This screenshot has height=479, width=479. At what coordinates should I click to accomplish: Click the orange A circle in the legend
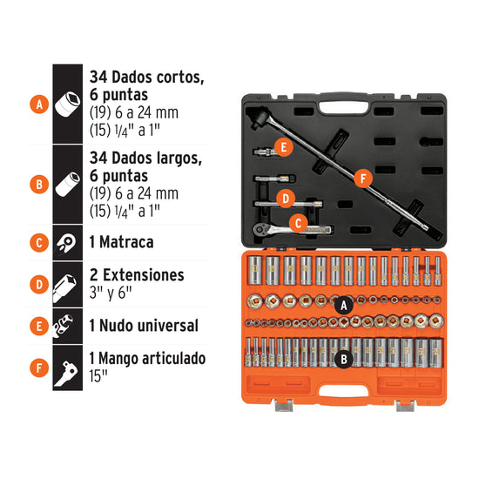coord(39,105)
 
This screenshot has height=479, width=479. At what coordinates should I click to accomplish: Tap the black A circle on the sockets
coord(344,305)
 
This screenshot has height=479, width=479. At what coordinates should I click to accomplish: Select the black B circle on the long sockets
coord(344,359)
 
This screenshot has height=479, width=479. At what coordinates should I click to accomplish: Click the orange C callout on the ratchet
coord(298,223)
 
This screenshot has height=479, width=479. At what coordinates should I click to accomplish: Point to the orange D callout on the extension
coord(286,199)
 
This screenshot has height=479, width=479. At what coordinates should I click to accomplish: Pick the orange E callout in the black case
coord(284,147)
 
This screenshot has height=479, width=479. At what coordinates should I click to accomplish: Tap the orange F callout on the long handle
coord(363,178)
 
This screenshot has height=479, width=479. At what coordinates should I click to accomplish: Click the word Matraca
coord(126,242)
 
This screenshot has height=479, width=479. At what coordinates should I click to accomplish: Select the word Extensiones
coord(144,275)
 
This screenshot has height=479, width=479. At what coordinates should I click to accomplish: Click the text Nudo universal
coord(149,326)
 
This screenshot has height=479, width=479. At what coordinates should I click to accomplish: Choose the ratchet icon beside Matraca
coord(66,243)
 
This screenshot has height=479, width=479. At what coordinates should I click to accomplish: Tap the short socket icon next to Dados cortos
coord(68,104)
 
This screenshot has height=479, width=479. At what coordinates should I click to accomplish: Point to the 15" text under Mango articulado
coord(98,376)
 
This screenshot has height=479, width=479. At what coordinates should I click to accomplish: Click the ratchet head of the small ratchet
coord(260,229)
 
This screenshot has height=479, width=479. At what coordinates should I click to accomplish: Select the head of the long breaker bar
coord(259,118)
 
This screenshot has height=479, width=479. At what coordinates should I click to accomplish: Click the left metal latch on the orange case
coord(284,406)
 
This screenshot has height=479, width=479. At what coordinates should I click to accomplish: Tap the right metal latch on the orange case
coord(405,406)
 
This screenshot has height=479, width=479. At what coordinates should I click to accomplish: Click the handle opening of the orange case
coord(343,391)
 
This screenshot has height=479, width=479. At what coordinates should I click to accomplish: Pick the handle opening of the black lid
coord(344,107)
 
